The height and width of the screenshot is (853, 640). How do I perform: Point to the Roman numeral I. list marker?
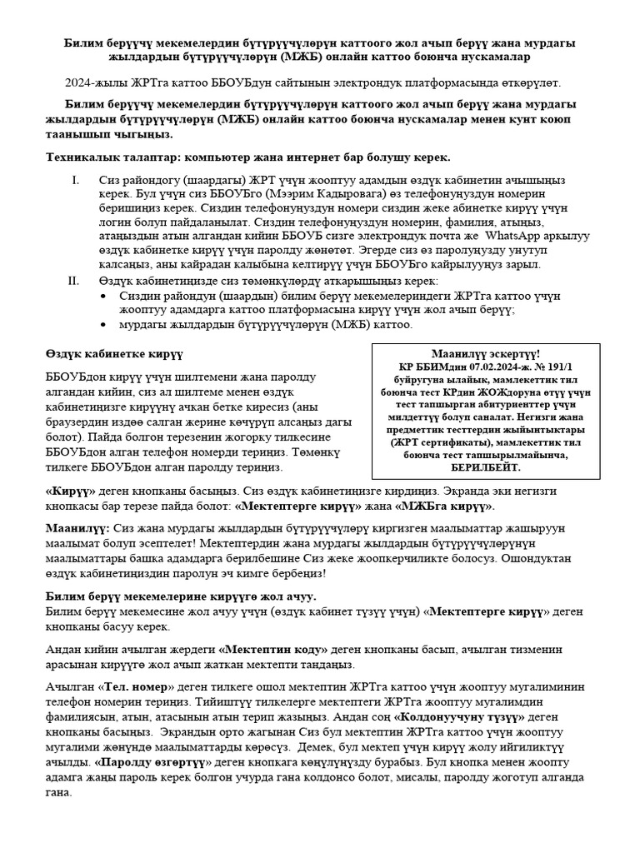tap(74, 179)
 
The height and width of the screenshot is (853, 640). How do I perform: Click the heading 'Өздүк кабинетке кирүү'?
tap(113, 356)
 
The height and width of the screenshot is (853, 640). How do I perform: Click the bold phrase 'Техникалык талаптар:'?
tap(112, 157)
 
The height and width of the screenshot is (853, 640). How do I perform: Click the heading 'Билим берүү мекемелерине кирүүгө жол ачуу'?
tap(180, 596)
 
